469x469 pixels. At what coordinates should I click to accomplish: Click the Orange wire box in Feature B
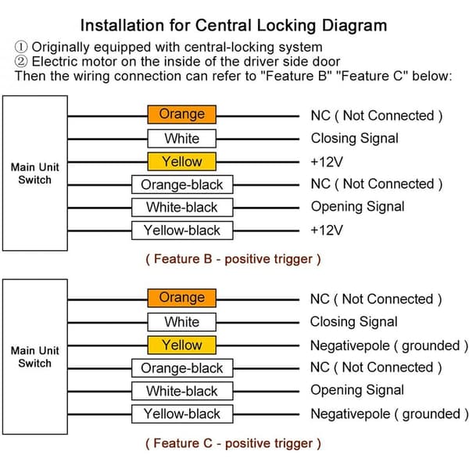(x=182, y=115)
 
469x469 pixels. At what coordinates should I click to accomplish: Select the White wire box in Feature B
(x=182, y=138)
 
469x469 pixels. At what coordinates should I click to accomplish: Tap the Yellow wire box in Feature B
(x=182, y=162)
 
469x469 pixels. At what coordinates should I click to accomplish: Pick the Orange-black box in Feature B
(x=182, y=184)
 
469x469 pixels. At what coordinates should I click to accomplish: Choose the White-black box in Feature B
(x=182, y=207)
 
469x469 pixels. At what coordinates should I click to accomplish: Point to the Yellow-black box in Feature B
(x=182, y=231)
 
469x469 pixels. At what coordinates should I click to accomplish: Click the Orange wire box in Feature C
(x=182, y=298)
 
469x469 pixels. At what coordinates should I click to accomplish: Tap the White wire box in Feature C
(x=182, y=322)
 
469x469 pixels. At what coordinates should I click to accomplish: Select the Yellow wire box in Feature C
(x=182, y=345)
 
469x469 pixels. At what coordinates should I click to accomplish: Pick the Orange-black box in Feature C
(x=182, y=368)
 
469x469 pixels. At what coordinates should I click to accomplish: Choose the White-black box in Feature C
(x=182, y=391)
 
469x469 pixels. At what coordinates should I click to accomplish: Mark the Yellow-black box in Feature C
(x=182, y=414)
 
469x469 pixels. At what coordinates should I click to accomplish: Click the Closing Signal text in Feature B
(x=354, y=139)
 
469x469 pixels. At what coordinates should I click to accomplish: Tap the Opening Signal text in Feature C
(x=357, y=390)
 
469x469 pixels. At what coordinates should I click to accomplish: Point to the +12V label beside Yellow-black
(x=327, y=231)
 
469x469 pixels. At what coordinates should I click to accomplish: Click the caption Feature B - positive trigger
(x=233, y=259)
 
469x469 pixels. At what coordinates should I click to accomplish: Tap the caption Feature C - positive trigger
(x=233, y=443)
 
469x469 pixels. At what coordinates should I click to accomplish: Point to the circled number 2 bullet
(x=21, y=61)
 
